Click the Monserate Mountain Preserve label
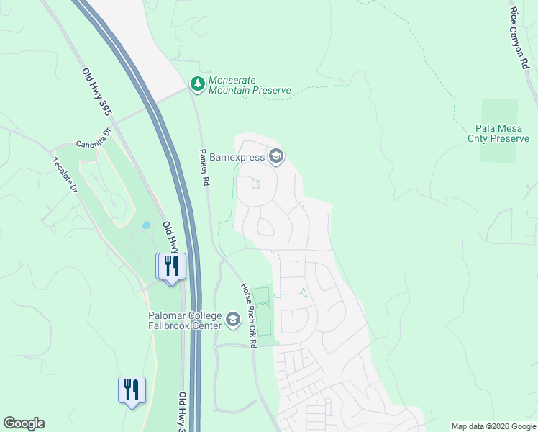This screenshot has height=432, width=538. tap(249, 85)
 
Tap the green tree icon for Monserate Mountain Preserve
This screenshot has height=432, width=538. tap(197, 84)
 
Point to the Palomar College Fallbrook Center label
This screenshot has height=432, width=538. tap(185, 320)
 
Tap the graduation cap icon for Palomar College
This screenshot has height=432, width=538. tap(232, 319)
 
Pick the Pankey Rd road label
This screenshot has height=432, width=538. tap(205, 168)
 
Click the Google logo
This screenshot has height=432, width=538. tap(24, 423)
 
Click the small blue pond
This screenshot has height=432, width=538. tap(147, 225)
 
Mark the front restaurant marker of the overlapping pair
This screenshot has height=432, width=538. tap(173, 266)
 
